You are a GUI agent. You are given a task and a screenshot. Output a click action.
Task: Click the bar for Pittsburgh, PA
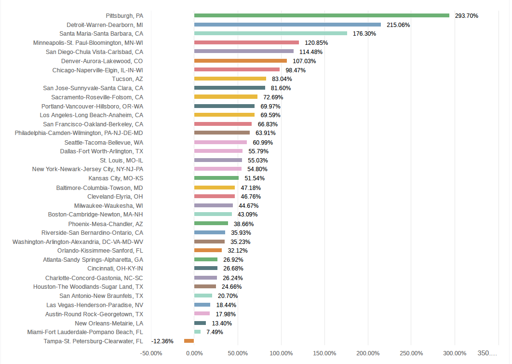(322, 15)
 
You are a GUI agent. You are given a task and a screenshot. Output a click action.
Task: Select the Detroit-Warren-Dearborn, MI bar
(287, 25)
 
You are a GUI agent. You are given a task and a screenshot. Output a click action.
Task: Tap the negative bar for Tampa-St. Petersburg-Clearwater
(189, 341)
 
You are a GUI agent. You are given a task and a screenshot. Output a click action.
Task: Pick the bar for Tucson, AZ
(230, 79)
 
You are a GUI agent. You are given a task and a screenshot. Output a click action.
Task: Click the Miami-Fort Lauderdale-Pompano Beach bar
(197, 332)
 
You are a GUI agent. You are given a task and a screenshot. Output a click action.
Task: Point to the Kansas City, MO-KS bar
(216, 178)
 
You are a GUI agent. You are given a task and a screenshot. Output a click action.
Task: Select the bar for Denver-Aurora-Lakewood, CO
(241, 61)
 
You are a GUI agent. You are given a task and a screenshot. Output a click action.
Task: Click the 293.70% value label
(466, 16)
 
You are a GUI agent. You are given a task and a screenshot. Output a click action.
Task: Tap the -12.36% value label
(162, 341)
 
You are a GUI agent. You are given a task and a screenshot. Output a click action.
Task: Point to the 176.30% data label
(364, 34)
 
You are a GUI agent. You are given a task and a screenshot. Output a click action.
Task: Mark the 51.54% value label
(255, 178)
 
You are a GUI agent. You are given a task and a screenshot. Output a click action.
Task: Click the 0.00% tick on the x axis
(194, 353)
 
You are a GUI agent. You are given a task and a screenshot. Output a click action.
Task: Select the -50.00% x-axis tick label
(151, 353)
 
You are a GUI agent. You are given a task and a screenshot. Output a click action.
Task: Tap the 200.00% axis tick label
(368, 353)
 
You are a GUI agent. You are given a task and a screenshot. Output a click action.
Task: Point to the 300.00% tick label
(455, 353)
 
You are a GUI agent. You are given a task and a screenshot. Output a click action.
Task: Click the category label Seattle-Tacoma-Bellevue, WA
(104, 142)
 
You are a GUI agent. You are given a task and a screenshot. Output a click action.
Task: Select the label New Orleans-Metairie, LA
(109, 323)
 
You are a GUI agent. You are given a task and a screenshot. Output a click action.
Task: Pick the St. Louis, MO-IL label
(121, 160)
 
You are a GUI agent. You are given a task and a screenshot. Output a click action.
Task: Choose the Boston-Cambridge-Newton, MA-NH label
(95, 214)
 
